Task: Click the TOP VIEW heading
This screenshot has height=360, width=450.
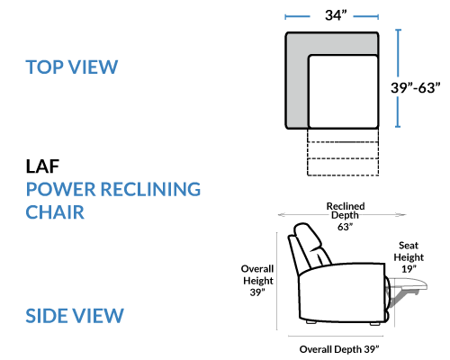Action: [72, 67]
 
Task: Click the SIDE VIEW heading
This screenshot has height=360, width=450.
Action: [75, 316]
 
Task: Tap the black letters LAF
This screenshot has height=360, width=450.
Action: [42, 166]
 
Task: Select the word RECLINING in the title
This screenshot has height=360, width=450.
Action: [150, 189]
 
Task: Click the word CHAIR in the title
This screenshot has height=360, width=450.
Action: [55, 212]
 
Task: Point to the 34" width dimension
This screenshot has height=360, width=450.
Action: [336, 15]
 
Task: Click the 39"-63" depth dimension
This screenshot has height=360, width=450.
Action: [416, 87]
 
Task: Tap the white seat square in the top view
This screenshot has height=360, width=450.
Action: [343, 92]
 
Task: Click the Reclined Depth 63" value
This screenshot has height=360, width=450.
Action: [345, 227]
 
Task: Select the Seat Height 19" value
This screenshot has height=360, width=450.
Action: [409, 269]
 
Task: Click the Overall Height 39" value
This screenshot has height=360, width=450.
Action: [257, 292]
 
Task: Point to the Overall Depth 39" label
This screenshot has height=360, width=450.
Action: [339, 349]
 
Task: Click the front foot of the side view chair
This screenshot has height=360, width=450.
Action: [375, 324]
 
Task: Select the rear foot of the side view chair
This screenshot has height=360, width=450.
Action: [310, 322]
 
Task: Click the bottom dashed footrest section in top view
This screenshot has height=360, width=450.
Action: [343, 166]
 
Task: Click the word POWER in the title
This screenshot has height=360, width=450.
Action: [61, 189]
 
